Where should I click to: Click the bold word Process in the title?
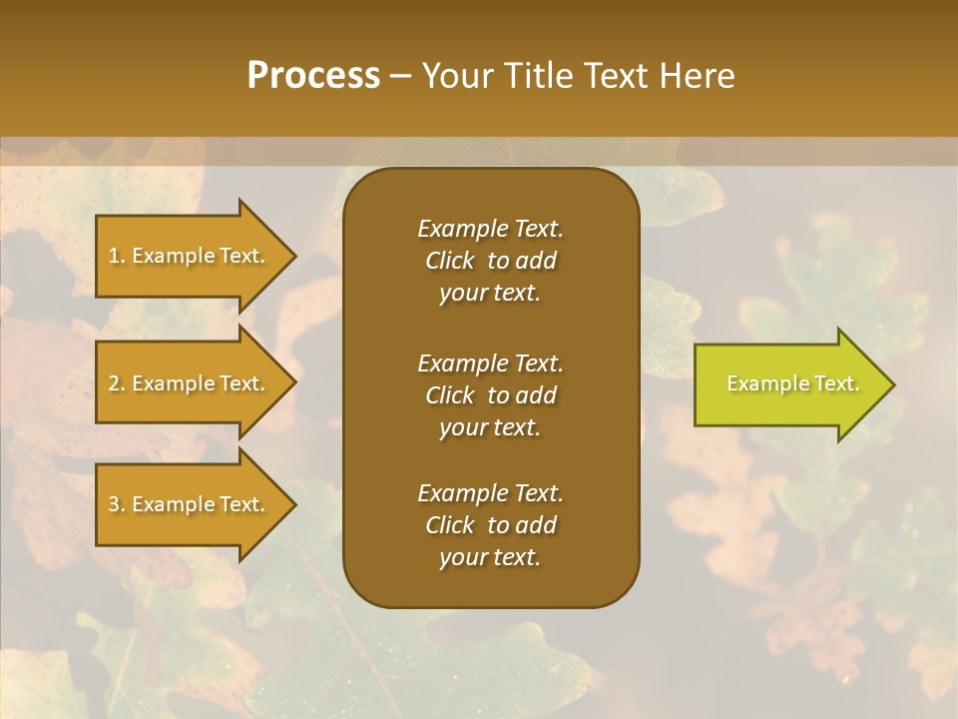coord(313,75)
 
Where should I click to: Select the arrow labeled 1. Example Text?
coord(190,256)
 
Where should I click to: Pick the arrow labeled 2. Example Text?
coord(190,383)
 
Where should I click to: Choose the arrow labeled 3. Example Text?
coord(190,504)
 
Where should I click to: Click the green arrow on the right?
coord(788,384)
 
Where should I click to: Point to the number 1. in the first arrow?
coord(117,256)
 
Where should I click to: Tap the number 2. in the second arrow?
coord(117,383)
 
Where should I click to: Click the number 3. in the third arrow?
coord(117,504)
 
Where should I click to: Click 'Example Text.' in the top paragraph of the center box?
coord(490,229)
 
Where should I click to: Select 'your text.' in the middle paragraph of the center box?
coord(490,427)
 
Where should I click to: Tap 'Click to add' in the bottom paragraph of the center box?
coord(490,525)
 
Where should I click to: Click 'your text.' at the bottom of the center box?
coord(490,557)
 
